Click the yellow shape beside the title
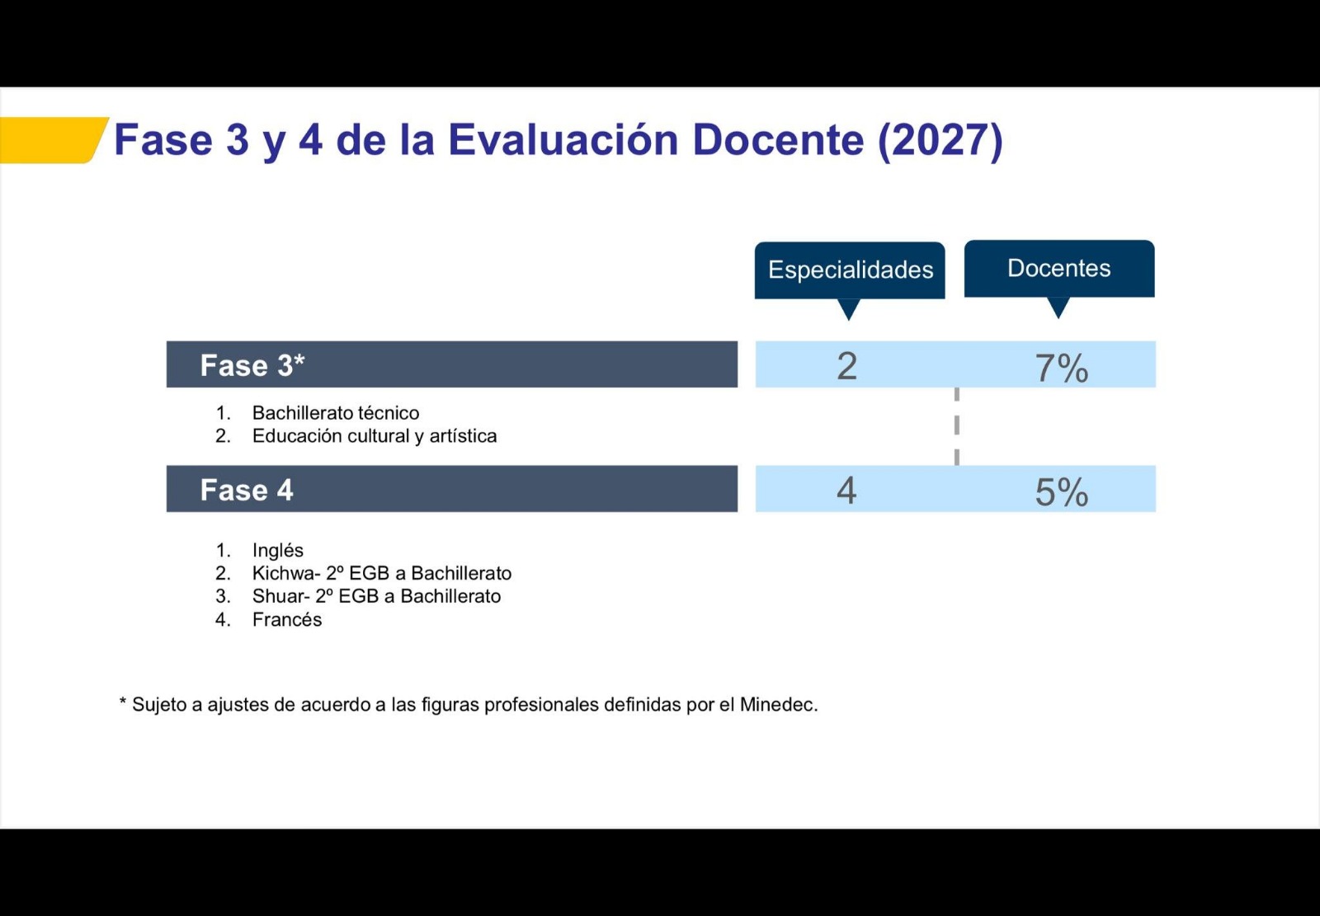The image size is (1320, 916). click(x=50, y=140)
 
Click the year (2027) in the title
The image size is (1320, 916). click(x=940, y=141)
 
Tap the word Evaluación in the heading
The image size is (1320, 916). click(x=563, y=139)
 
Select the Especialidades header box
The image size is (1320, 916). click(x=850, y=270)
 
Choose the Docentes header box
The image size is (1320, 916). click(x=1059, y=269)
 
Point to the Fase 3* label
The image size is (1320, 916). click(x=252, y=365)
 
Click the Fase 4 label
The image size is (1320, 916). click(x=247, y=490)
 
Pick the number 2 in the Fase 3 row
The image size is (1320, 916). click(x=846, y=366)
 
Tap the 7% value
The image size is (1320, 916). click(x=1061, y=369)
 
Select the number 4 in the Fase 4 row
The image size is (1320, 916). click(x=846, y=491)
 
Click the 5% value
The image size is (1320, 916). click(x=1061, y=492)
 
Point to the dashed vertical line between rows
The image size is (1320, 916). click(x=956, y=426)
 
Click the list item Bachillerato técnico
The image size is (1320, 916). click(x=335, y=413)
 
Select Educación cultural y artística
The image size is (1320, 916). click(x=375, y=436)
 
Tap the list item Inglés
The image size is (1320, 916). click(x=277, y=550)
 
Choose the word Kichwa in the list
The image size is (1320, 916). click(x=284, y=573)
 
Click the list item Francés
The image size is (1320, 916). click(x=287, y=620)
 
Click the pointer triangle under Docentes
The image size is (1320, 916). click(x=1058, y=308)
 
